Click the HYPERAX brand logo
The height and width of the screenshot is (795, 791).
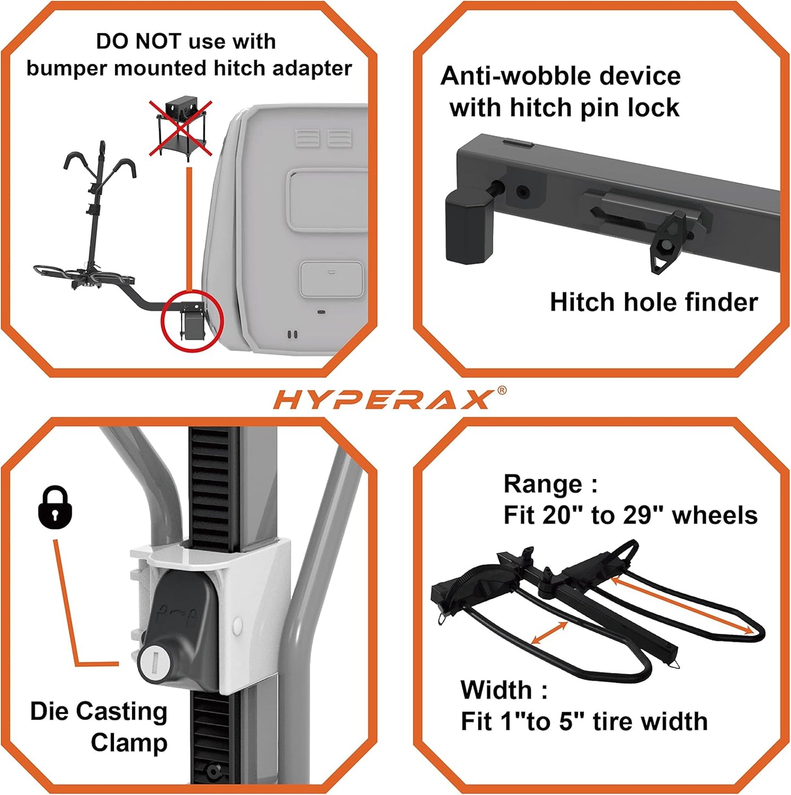(382, 400)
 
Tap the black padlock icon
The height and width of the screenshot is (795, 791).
(55, 508)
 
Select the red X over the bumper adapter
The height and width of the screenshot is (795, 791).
(181, 128)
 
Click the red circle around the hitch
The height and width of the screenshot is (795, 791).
(192, 322)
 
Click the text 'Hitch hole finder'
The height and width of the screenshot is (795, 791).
(654, 302)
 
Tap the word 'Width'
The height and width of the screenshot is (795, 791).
(496, 690)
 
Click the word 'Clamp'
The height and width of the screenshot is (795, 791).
(129, 743)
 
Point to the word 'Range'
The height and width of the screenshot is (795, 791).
(543, 485)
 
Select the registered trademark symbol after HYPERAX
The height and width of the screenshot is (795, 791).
(501, 390)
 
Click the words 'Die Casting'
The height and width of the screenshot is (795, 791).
(99, 712)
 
